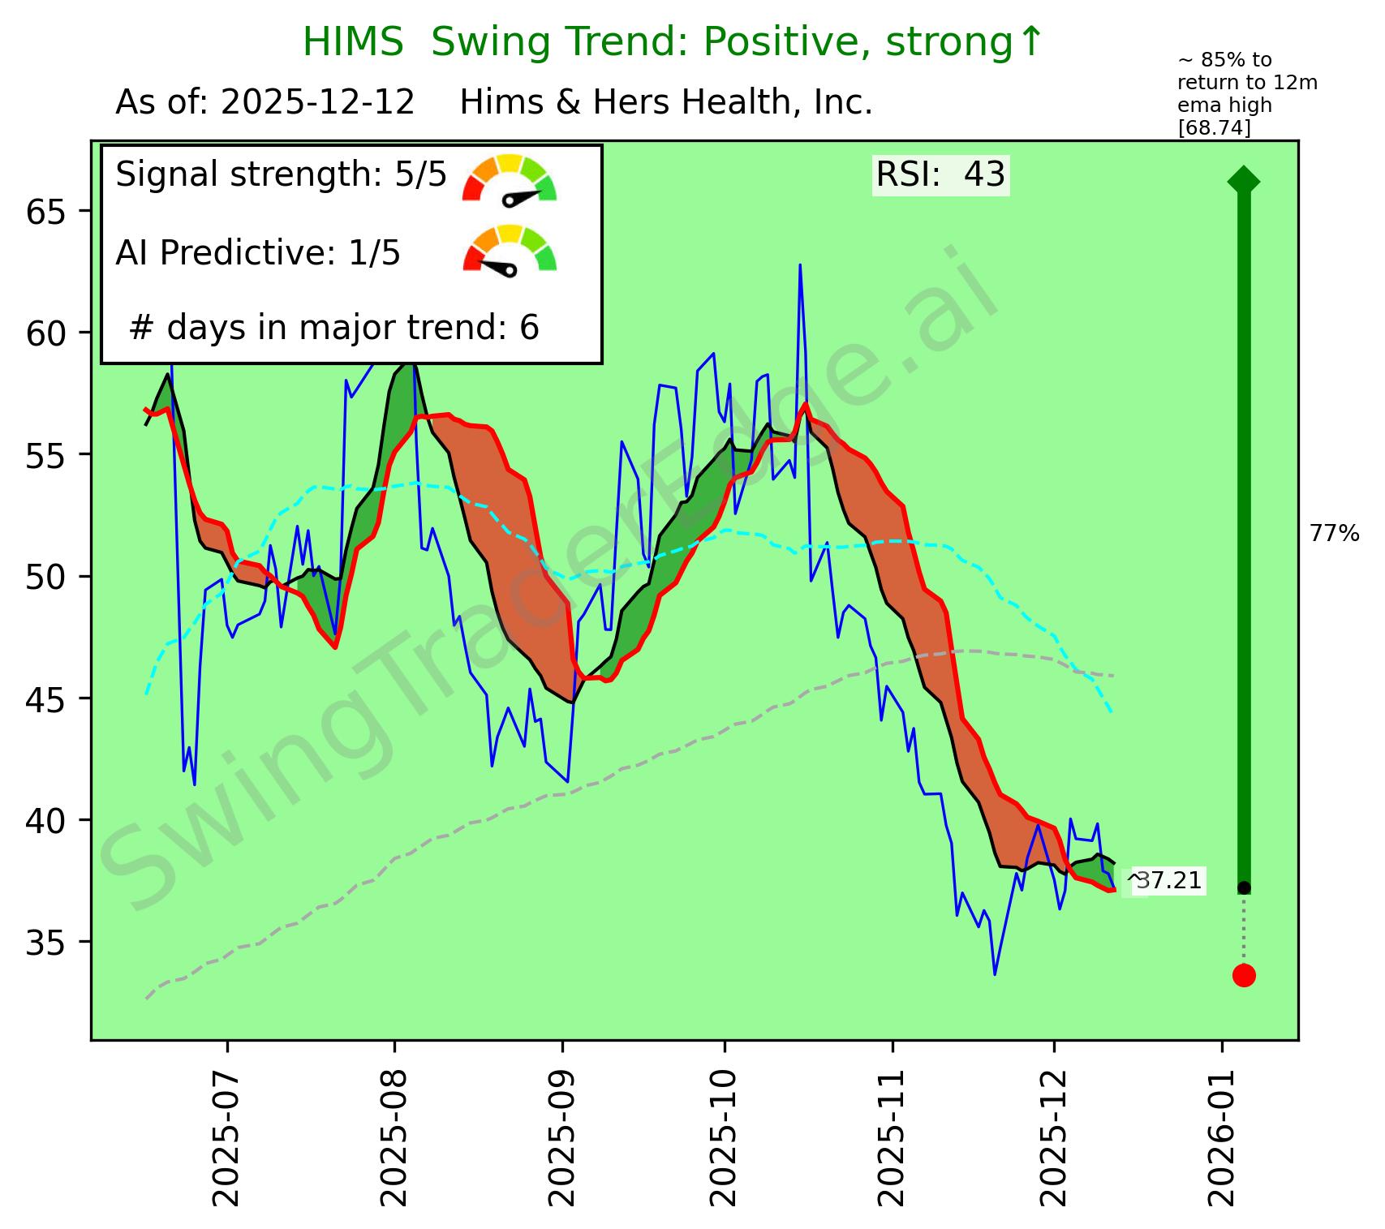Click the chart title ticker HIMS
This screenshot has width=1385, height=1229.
pos(353,42)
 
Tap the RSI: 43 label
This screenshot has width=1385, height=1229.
pos(940,174)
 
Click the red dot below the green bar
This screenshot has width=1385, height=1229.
pos(1244,975)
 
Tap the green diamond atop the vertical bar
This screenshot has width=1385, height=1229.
pos(1244,180)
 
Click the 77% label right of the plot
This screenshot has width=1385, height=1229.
pos(1334,533)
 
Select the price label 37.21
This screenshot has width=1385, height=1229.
pos(1168,880)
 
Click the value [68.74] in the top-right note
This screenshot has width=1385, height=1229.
pos(1214,128)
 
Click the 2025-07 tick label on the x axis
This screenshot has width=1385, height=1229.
pos(227,1137)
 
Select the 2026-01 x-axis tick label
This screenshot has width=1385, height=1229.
pos(1222,1137)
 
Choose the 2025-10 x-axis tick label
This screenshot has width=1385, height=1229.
pos(725,1137)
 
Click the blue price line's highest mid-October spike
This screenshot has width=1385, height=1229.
pos(800,266)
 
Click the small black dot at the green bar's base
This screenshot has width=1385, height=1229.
pos(1244,887)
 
